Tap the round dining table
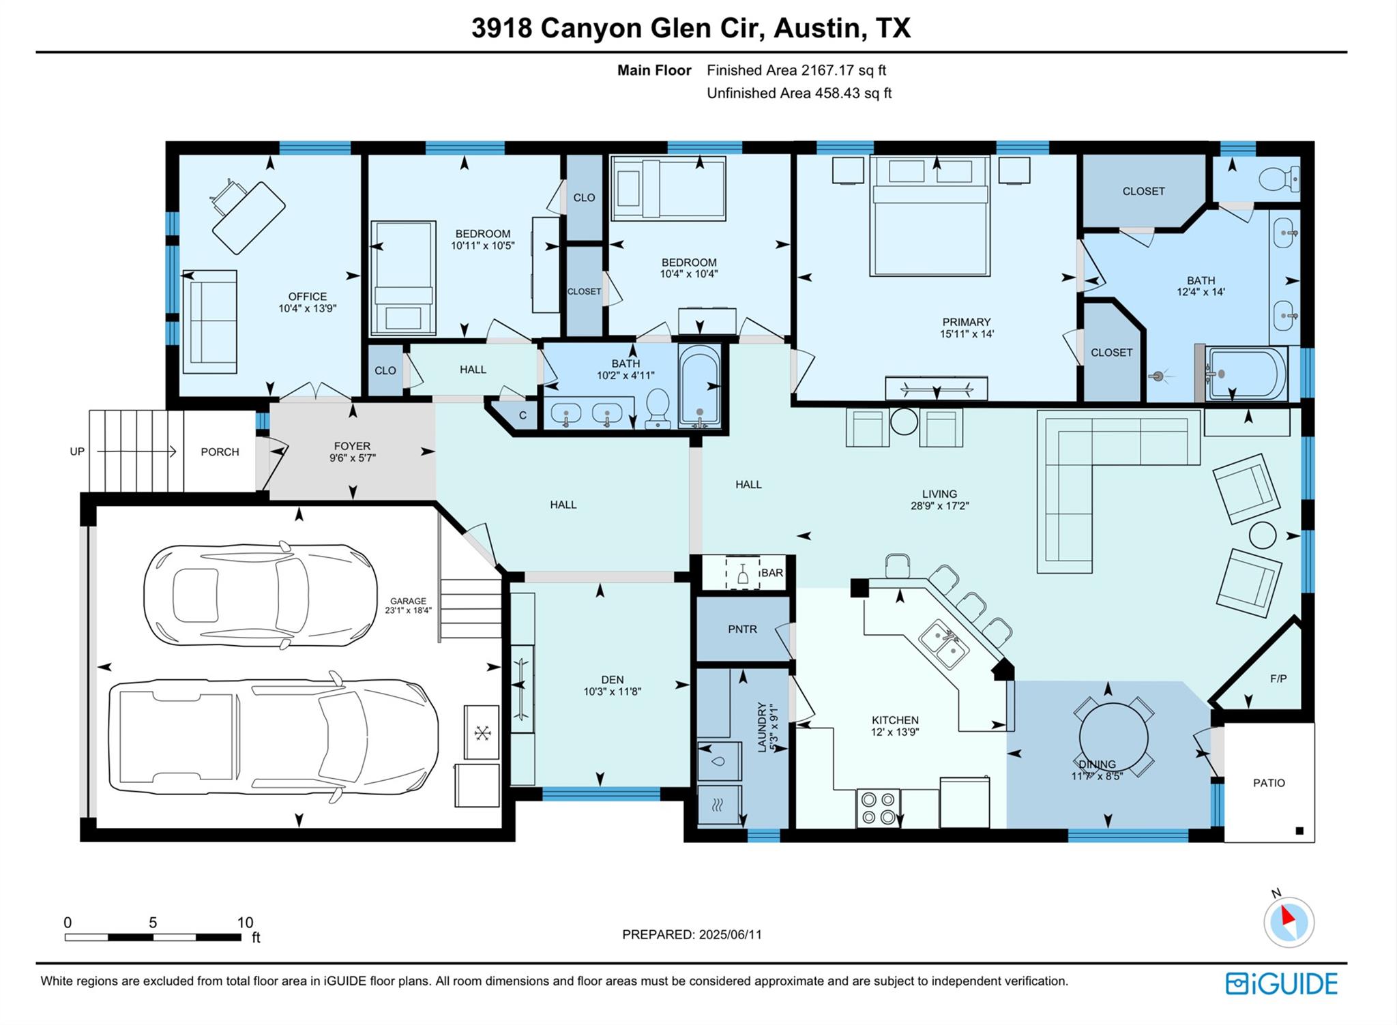1113,737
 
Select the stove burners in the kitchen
878,807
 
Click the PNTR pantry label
742,629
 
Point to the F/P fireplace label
1278,679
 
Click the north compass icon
1289,922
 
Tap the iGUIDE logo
1281,983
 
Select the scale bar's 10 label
245,923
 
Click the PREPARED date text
692,934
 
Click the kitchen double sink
943,644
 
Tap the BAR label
771,573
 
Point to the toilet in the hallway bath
658,408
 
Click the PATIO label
1269,783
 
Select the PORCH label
220,451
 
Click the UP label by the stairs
77,451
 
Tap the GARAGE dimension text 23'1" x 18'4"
408,610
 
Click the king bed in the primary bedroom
929,218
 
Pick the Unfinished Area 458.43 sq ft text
799,93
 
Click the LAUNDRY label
762,728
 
